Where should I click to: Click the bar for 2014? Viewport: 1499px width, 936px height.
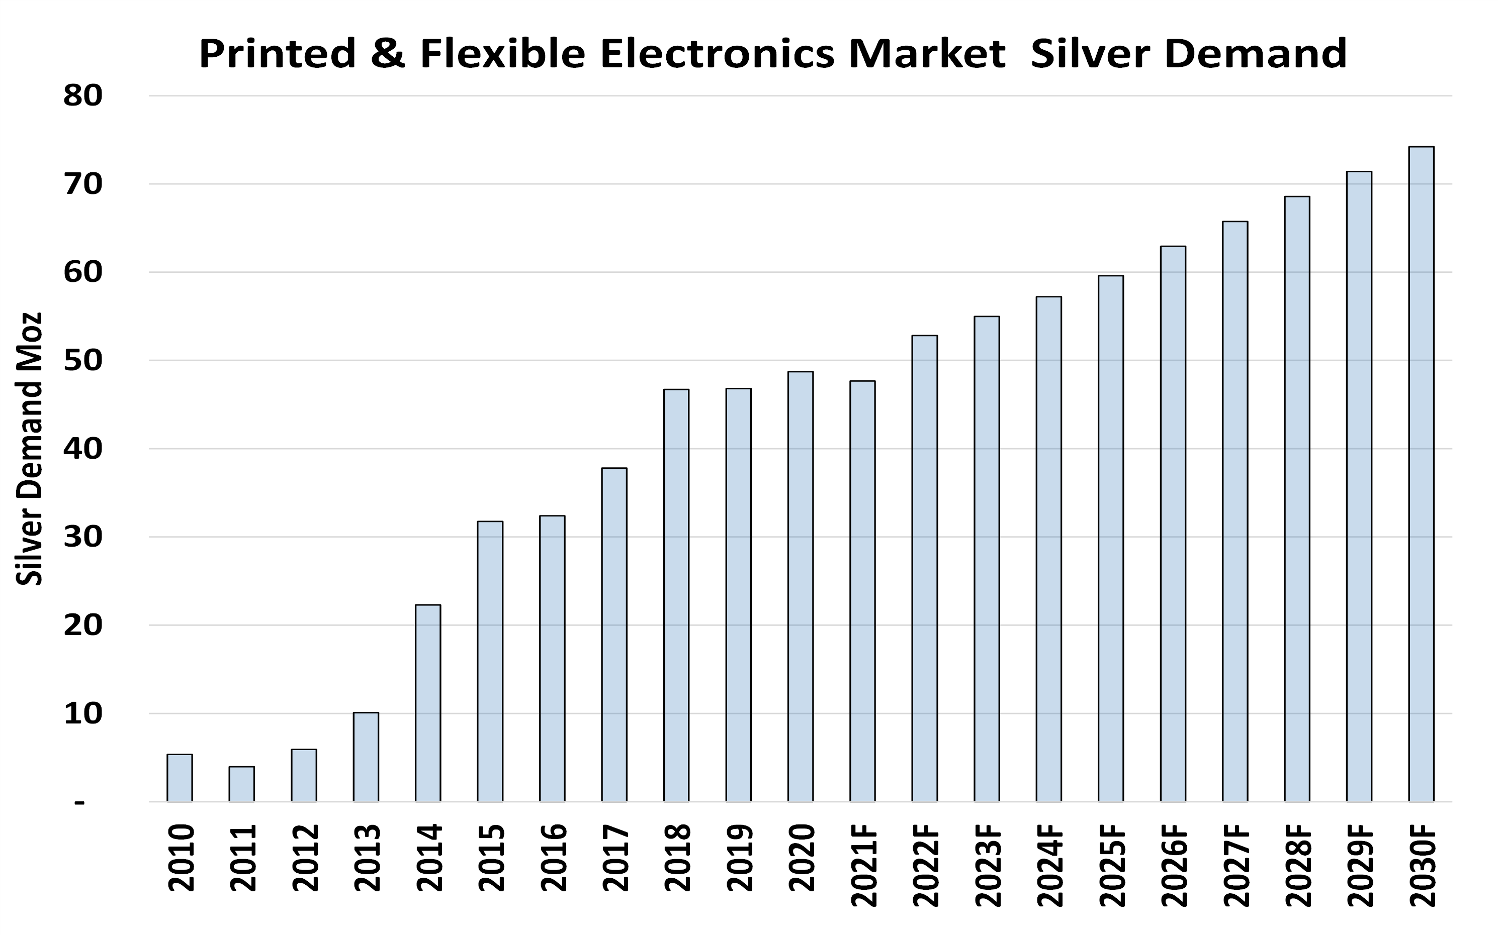tap(428, 702)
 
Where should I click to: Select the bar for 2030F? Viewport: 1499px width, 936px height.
tap(1421, 474)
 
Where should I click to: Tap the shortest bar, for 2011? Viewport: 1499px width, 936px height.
tap(241, 784)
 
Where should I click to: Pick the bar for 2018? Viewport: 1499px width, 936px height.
tap(676, 595)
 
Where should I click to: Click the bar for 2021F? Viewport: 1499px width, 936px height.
tap(862, 591)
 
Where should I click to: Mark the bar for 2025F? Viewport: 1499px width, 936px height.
tap(1111, 539)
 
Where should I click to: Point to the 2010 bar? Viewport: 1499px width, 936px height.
tap(180, 778)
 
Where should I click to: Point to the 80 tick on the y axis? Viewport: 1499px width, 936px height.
tap(82, 96)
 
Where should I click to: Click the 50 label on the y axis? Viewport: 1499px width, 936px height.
tap(82, 360)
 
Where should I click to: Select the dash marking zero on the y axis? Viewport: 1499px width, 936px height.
tap(79, 803)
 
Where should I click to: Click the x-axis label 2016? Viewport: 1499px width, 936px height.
tap(553, 858)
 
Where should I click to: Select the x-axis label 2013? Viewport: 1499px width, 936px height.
tap(367, 858)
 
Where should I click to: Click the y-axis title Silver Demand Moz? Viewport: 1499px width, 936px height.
tap(29, 449)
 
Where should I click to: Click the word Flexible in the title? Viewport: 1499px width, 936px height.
tap(502, 53)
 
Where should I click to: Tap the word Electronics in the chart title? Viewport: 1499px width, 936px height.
tap(717, 53)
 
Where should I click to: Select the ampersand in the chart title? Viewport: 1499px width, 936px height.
tap(388, 53)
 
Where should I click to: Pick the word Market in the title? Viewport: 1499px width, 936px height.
tap(927, 53)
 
